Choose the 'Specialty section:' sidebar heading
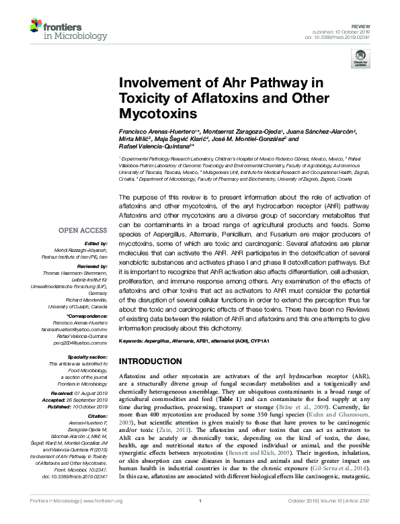(87, 357)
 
